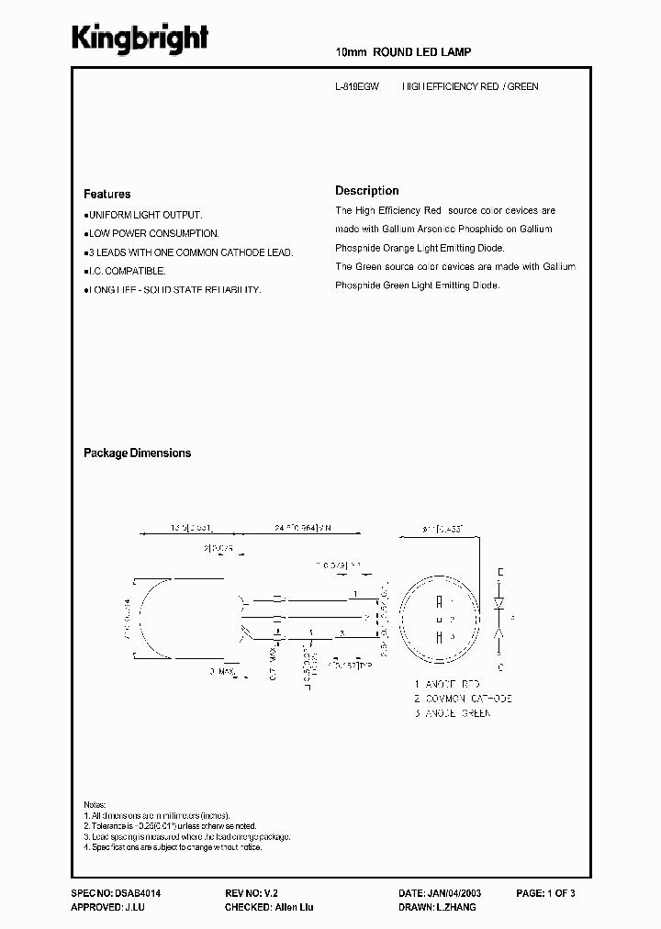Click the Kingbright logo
tap(140, 39)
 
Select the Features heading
tap(107, 195)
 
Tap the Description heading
tap(367, 191)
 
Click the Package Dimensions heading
tap(138, 453)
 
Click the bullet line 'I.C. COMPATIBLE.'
tap(126, 271)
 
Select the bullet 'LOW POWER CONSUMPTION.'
tap(152, 234)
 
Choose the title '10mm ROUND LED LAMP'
tap(404, 53)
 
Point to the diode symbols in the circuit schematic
tap(499, 618)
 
